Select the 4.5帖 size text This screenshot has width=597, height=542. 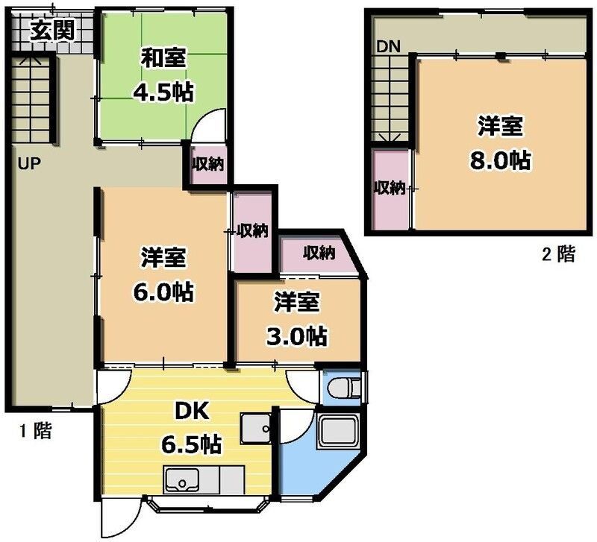coord(163,92)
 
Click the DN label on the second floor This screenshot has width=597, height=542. coord(388,46)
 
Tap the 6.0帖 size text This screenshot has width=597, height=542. coord(163,292)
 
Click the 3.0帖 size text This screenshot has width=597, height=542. coord(296,336)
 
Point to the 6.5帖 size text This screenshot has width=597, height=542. coord(191,445)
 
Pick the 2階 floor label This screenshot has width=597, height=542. coord(558,255)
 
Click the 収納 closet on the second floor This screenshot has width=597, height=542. coord(390,188)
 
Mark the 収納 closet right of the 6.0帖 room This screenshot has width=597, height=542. coord(253,230)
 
